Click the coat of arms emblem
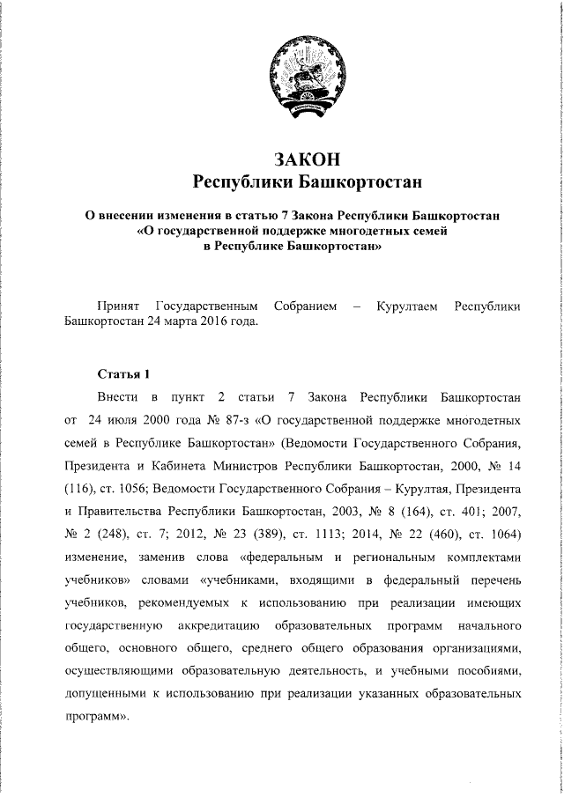pos(306,80)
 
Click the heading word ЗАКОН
pos(306,159)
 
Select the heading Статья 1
pos(123,372)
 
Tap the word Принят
pos(119,306)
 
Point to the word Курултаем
pos(406,306)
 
